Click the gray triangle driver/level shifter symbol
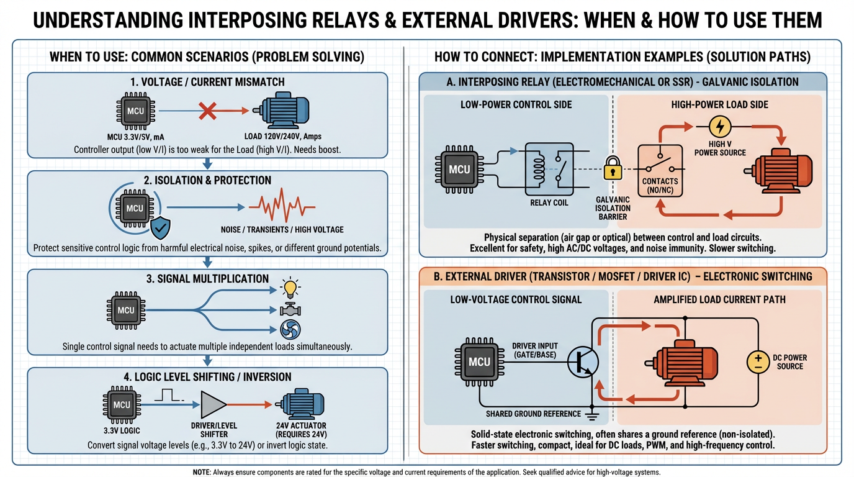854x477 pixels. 214,405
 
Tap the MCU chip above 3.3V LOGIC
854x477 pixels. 122,405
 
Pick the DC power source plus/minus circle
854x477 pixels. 757,362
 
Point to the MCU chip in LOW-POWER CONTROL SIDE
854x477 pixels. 460,169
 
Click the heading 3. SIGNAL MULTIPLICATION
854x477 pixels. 208,279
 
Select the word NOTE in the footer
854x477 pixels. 202,472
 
